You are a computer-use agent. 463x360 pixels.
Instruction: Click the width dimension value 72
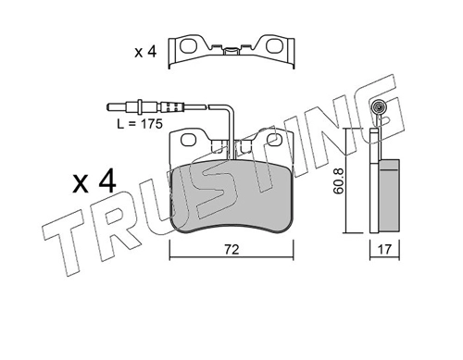pyautogui.click(x=231, y=250)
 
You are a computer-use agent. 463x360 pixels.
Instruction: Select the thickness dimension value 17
pyautogui.click(x=384, y=249)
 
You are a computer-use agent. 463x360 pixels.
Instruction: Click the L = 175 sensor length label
pyautogui.click(x=140, y=124)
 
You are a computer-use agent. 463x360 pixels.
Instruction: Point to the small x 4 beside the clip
pyautogui.click(x=145, y=52)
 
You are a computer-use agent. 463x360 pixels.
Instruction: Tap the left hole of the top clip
pyautogui.click(x=188, y=46)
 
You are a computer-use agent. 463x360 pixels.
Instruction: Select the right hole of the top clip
pyautogui.click(x=273, y=46)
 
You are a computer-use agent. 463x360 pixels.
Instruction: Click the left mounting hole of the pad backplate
pyautogui.click(x=189, y=140)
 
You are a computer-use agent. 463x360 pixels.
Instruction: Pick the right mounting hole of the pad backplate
pyautogui.click(x=273, y=140)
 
